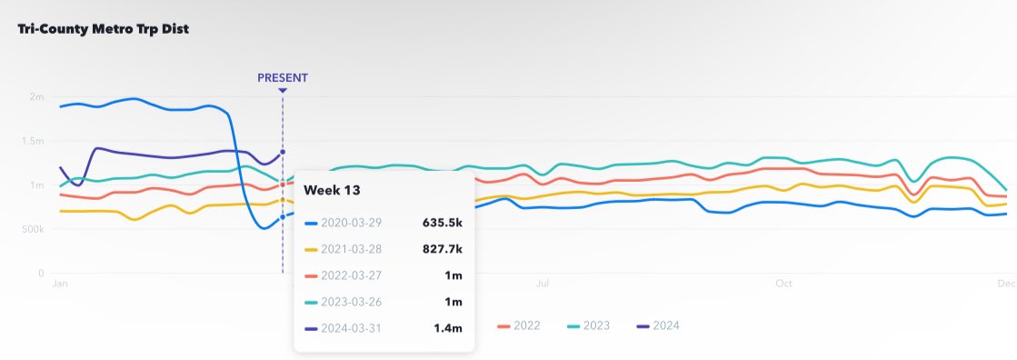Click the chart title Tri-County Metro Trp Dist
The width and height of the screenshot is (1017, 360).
(x=103, y=28)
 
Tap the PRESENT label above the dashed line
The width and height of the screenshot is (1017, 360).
(x=283, y=77)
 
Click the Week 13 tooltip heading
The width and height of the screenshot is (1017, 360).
(x=333, y=190)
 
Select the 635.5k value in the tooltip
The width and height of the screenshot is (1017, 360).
(x=443, y=222)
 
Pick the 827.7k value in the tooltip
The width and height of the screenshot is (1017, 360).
(x=443, y=248)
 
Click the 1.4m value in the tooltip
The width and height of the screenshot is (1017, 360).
(x=448, y=327)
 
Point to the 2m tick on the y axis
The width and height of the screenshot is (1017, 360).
(x=37, y=97)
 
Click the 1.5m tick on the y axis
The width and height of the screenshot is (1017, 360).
(x=34, y=141)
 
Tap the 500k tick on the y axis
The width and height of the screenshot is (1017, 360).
(x=33, y=229)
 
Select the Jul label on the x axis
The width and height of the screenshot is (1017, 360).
(x=543, y=284)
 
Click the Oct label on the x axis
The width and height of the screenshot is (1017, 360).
(x=783, y=284)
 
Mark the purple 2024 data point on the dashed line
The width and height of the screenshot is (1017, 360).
(x=283, y=152)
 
